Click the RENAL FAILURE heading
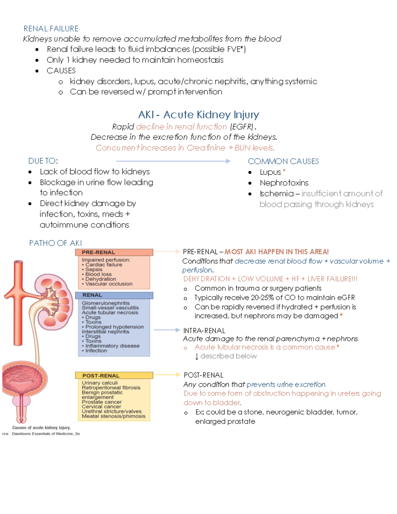(x=51, y=29)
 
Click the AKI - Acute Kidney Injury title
(x=198, y=115)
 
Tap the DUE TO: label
(x=43, y=161)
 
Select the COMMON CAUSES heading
(x=283, y=162)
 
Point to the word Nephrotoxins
(x=284, y=183)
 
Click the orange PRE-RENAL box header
(x=114, y=252)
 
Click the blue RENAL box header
(x=114, y=295)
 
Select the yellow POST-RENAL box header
(x=114, y=375)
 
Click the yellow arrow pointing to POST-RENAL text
(x=167, y=375)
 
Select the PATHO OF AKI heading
(x=56, y=243)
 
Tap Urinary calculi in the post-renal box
(x=100, y=383)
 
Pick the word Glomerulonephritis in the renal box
(x=106, y=303)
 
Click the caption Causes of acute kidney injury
(x=41, y=428)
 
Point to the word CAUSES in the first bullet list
(x=61, y=71)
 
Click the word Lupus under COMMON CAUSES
(x=270, y=172)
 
